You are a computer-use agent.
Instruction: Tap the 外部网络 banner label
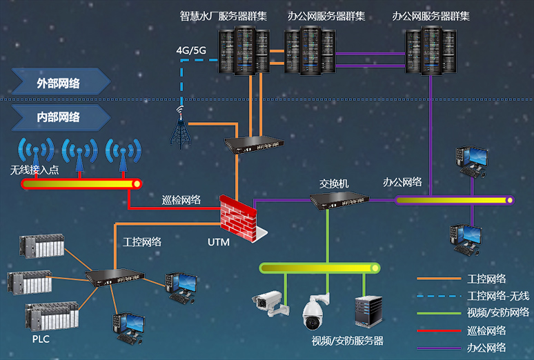[58, 83]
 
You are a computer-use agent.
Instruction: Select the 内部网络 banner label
[58, 117]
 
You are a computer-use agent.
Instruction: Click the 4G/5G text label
[191, 50]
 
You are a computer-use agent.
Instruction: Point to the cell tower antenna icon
[181, 128]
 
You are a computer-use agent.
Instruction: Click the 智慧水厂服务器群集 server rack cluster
[243, 51]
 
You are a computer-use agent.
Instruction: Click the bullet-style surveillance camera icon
[268, 301]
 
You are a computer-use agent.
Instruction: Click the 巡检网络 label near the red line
[181, 199]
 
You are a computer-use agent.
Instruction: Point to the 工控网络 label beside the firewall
[142, 241]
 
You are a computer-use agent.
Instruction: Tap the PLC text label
[41, 339]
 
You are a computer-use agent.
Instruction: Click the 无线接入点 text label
[34, 170]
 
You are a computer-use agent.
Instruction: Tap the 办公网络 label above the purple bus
[402, 182]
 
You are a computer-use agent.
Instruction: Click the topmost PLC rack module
[41, 246]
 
